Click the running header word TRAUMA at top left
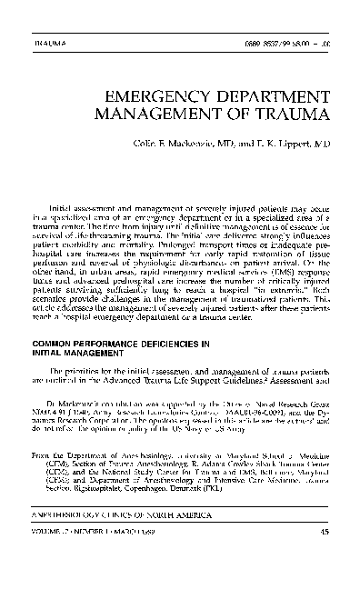[x=45, y=43]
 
